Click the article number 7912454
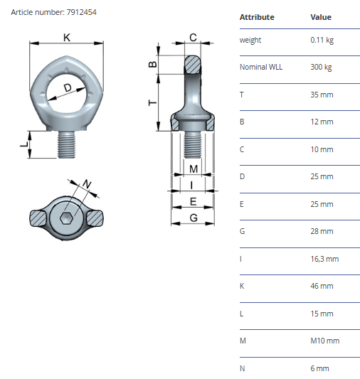[82, 12]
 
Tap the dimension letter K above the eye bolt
[67, 38]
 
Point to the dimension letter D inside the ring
[68, 87]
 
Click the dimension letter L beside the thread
[24, 144]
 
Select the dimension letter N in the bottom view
[87, 184]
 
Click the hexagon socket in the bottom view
[66, 218]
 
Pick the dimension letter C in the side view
[193, 38]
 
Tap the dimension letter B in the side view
[152, 64]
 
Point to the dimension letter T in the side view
[152, 103]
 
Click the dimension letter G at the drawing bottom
[194, 218]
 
